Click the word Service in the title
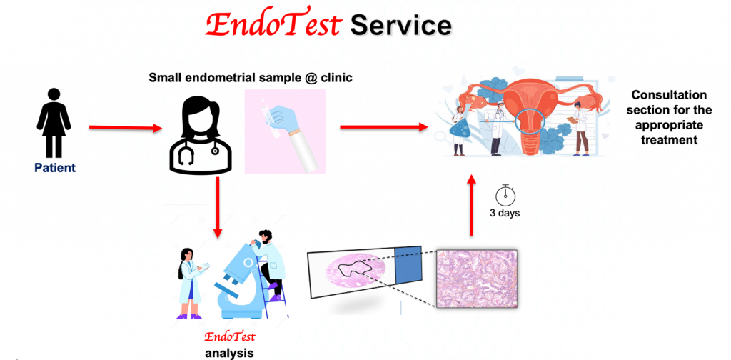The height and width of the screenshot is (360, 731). [400, 26]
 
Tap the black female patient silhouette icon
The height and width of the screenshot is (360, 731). [54, 123]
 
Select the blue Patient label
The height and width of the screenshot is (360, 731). [55, 168]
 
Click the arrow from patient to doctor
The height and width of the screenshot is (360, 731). [125, 127]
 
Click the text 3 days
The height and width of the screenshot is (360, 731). [505, 214]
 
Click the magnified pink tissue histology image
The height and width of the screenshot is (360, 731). [476, 279]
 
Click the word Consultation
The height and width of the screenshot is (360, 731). [670, 95]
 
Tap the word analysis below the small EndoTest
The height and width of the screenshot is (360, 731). [229, 353]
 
